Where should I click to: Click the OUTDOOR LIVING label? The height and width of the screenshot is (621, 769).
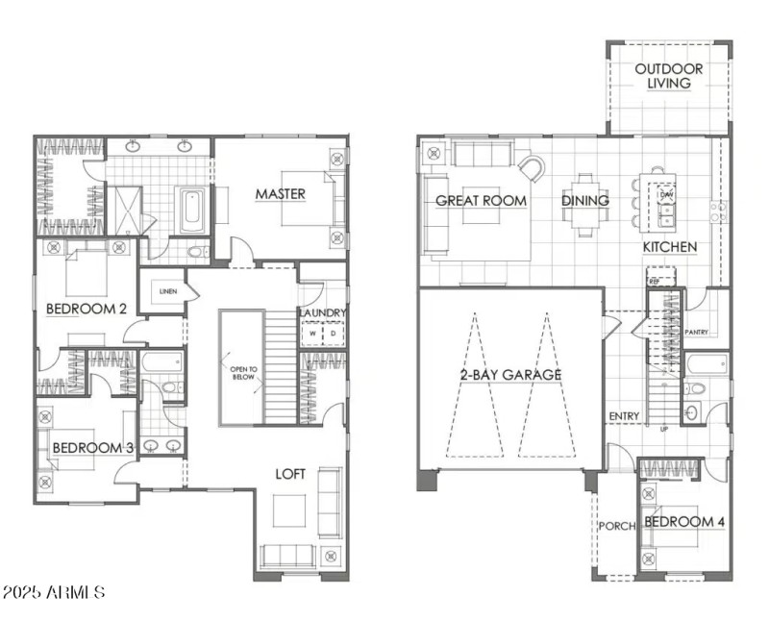669,76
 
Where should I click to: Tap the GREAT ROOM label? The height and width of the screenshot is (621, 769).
482,201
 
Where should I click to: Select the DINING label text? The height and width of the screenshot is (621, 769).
585,201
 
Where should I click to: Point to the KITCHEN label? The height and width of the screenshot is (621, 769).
670,248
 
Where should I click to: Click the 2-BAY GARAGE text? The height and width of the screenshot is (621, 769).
510,374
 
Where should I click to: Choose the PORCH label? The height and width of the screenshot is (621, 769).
614,526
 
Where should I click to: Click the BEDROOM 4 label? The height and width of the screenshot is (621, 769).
683,522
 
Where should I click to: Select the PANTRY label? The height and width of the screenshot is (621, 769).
696,332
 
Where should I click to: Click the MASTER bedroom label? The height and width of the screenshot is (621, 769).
280,194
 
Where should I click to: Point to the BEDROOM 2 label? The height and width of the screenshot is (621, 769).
87,309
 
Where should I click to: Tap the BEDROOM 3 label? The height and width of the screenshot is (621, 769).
91,448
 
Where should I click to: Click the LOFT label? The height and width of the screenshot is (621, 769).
291,474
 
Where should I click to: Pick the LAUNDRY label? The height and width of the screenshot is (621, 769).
322,313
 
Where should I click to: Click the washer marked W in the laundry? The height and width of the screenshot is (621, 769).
312,335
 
